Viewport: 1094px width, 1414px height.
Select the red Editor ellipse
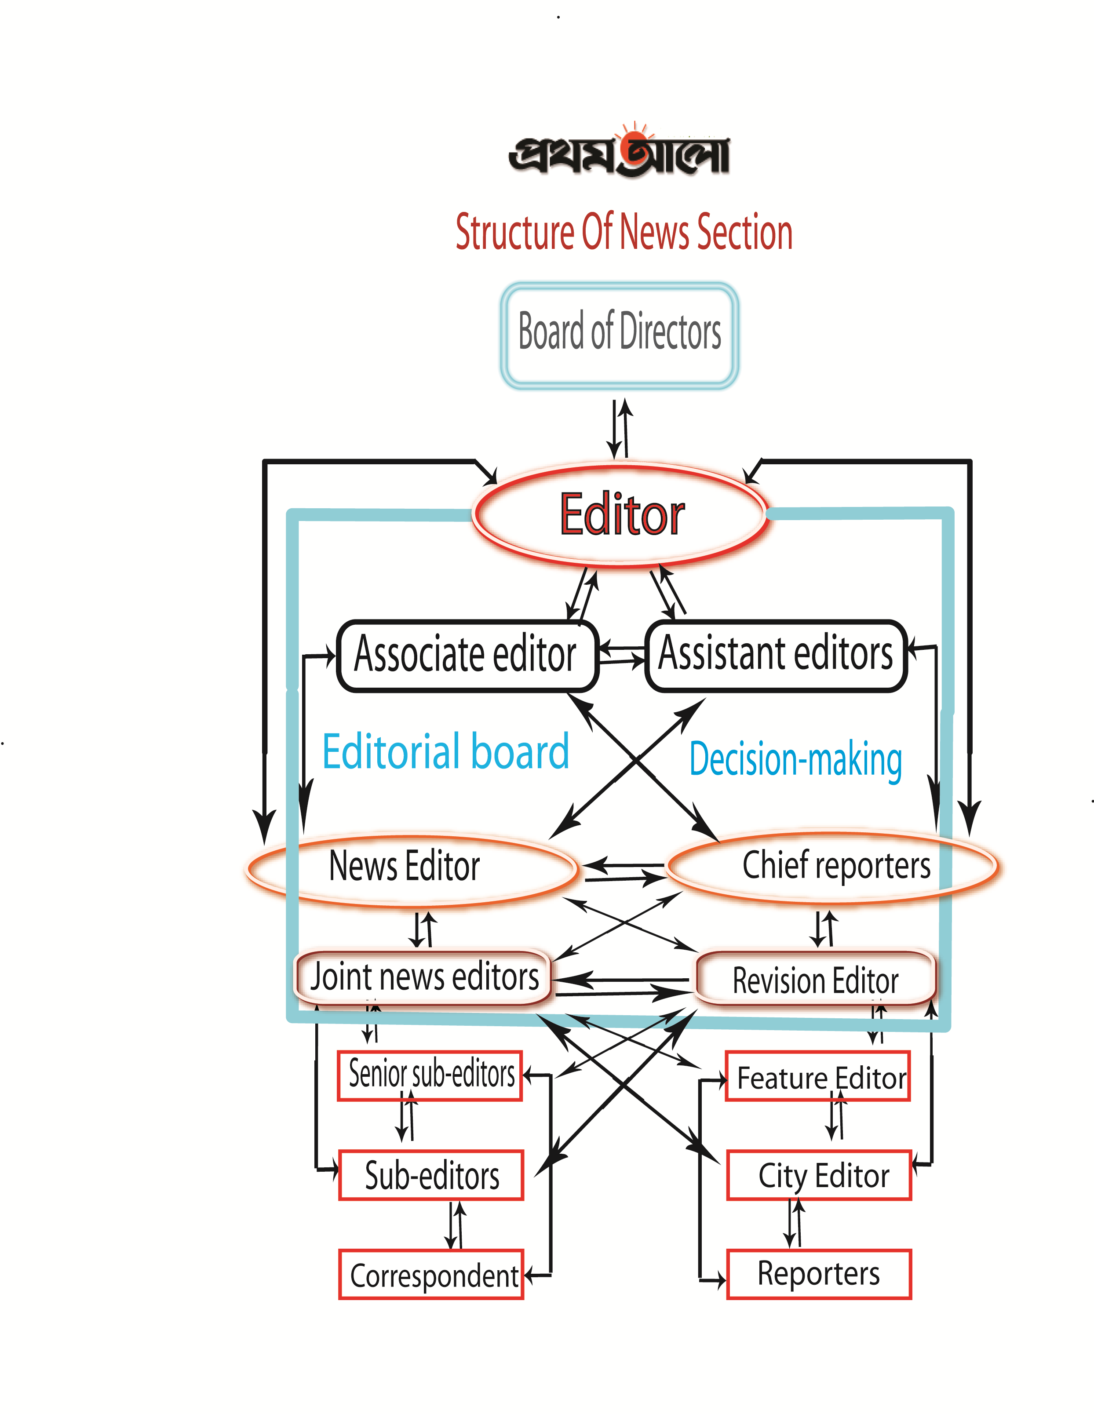[620, 515]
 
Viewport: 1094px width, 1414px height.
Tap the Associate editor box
[467, 656]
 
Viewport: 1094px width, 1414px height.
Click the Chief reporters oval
[833, 866]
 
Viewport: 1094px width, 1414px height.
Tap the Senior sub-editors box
[430, 1075]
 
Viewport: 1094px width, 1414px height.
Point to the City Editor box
[820, 1176]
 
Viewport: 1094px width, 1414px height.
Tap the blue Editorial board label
[445, 752]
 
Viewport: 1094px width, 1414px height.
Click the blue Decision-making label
[795, 759]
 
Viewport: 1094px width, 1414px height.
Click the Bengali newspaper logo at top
[620, 152]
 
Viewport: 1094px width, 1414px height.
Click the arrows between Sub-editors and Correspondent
[456, 1225]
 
